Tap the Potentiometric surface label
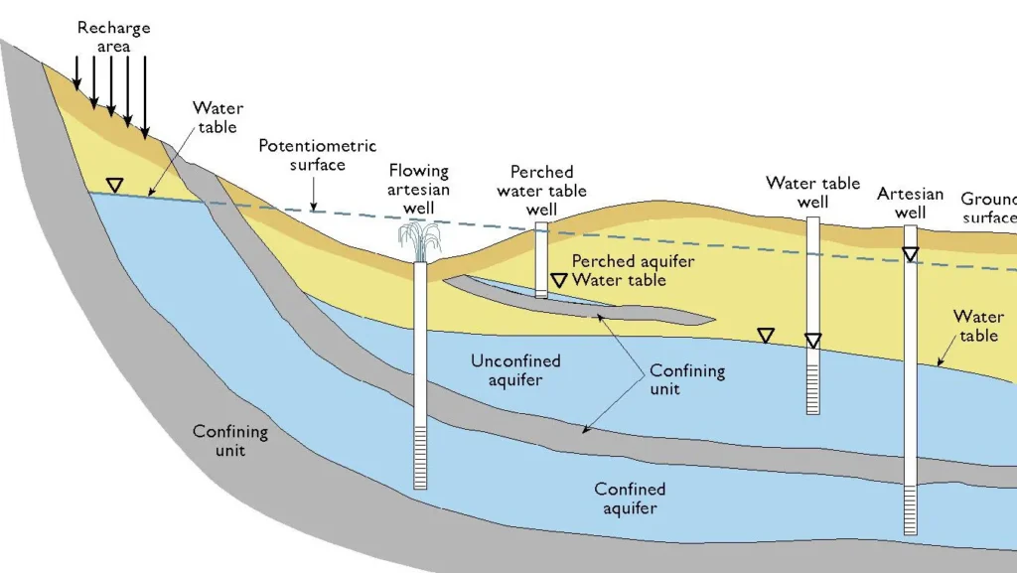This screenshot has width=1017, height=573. point(304,155)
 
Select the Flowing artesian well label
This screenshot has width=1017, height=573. point(418,190)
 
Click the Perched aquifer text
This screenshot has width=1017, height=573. point(633,261)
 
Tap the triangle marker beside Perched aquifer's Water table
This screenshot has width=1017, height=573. point(559,280)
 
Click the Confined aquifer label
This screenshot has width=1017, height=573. point(630,499)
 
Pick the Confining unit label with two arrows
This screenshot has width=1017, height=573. point(687,380)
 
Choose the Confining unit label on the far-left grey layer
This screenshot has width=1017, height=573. point(230,441)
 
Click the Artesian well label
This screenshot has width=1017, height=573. point(910,203)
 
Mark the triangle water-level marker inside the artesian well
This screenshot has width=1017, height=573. point(910,254)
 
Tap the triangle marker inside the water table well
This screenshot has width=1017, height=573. point(812,342)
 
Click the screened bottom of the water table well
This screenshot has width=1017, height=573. point(812,387)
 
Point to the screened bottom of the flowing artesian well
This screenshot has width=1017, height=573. point(420,456)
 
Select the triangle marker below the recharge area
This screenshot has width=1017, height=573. point(115,185)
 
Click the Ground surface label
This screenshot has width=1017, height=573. point(989,208)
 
